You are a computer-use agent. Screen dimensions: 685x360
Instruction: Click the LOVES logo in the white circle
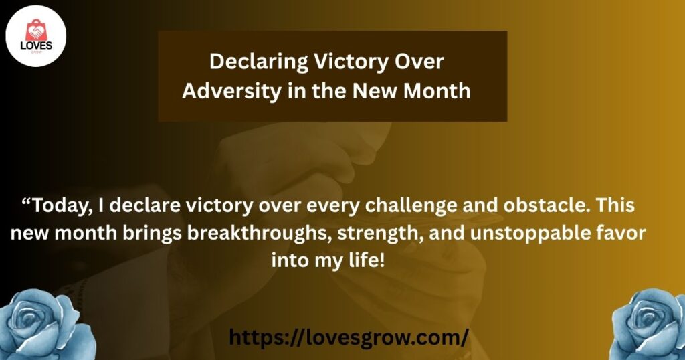36,36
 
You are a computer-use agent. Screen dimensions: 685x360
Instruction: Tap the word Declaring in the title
258,62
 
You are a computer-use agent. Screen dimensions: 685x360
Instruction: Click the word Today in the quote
62,206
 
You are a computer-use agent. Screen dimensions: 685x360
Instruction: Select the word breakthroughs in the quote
260,233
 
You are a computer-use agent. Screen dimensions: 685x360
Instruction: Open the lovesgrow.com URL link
349,338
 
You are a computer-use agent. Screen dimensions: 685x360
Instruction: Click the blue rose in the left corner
46,325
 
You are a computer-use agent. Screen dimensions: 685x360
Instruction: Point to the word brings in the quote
152,234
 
